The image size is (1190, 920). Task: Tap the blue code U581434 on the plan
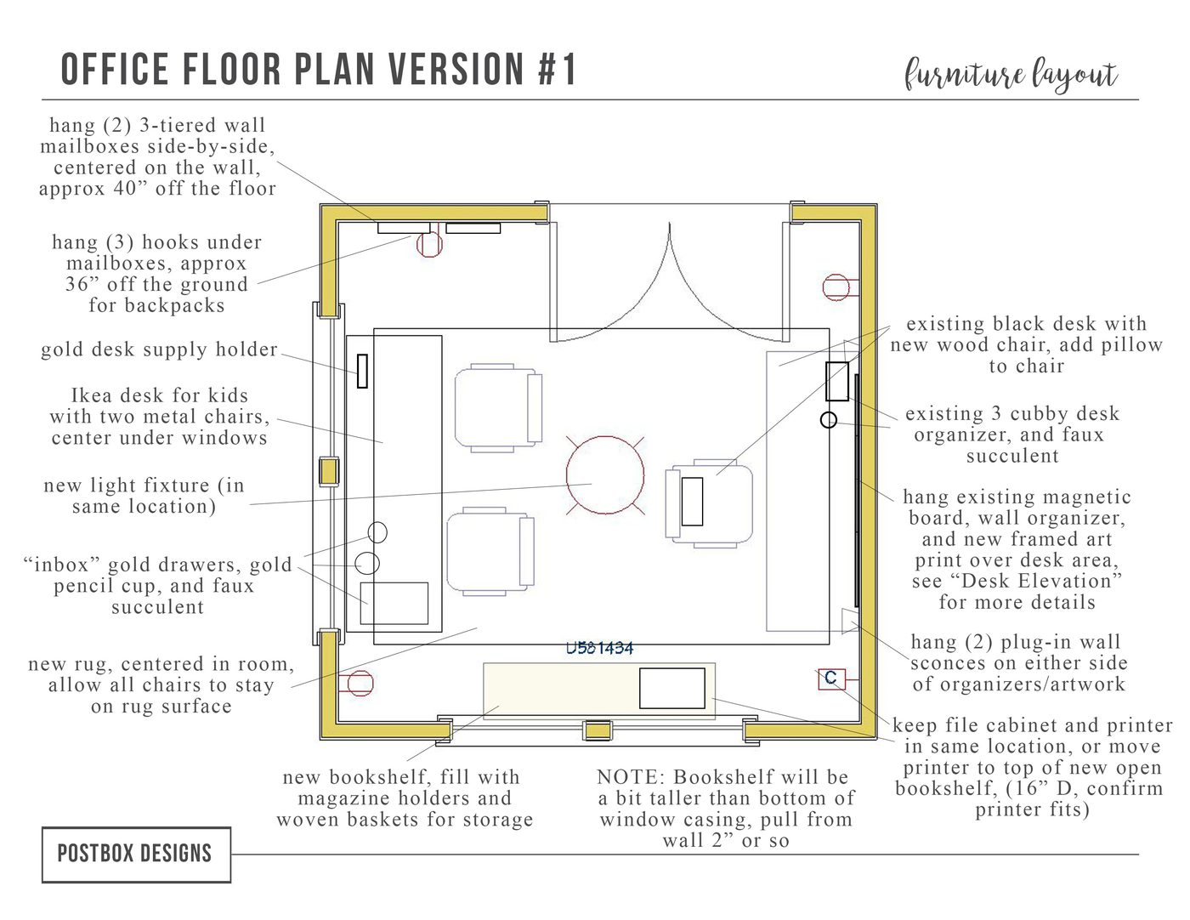(599, 649)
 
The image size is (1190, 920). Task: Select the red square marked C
(831, 679)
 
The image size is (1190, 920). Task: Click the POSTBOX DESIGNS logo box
(136, 854)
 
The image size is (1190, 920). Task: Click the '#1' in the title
(557, 70)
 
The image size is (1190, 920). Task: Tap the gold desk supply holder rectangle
(362, 371)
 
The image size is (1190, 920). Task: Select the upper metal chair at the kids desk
(498, 408)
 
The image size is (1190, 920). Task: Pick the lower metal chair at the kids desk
(490, 552)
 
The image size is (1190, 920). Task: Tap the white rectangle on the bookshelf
(672, 688)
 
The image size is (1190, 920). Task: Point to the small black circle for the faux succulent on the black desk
(829, 420)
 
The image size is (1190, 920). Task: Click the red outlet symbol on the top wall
(429, 244)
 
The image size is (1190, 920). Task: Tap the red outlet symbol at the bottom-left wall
(360, 683)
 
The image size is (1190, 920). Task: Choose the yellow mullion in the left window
(329, 472)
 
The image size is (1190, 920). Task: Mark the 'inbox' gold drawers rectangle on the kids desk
(394, 603)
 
